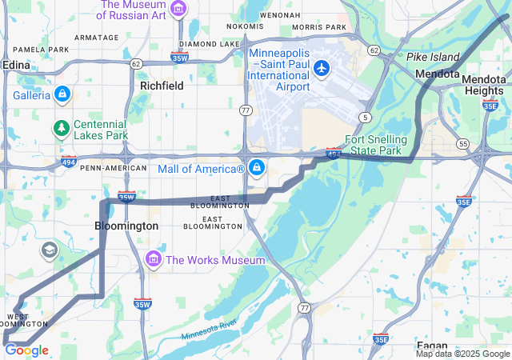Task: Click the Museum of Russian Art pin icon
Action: point(178,10)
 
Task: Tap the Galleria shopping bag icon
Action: point(62,94)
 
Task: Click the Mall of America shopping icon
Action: point(257,168)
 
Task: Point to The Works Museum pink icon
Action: point(154,260)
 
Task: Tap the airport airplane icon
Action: point(322,68)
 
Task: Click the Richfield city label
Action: point(162,85)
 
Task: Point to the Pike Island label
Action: point(433,57)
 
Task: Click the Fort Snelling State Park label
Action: point(376,145)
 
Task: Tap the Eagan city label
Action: point(430,346)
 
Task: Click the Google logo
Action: point(26,350)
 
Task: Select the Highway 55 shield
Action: point(463,143)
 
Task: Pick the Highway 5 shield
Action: point(366,117)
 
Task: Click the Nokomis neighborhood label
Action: point(245,26)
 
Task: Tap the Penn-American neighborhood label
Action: point(114,168)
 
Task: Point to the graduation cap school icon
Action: point(48,250)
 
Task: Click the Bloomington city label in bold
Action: point(126,226)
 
